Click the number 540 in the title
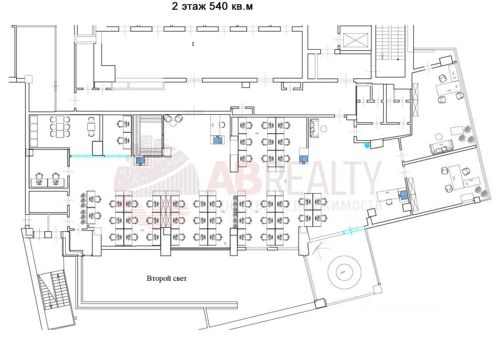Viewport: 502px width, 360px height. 218,7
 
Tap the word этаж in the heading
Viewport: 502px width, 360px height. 191,7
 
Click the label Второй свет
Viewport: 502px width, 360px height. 167,279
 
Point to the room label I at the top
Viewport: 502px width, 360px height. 193,44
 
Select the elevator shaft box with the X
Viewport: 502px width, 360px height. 355,40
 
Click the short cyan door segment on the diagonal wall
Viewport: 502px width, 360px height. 354,230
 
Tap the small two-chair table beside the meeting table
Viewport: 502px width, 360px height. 92,126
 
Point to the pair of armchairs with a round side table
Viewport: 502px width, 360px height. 174,119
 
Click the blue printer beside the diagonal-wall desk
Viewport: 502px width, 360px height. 402,195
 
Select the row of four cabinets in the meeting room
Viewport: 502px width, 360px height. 33,132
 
